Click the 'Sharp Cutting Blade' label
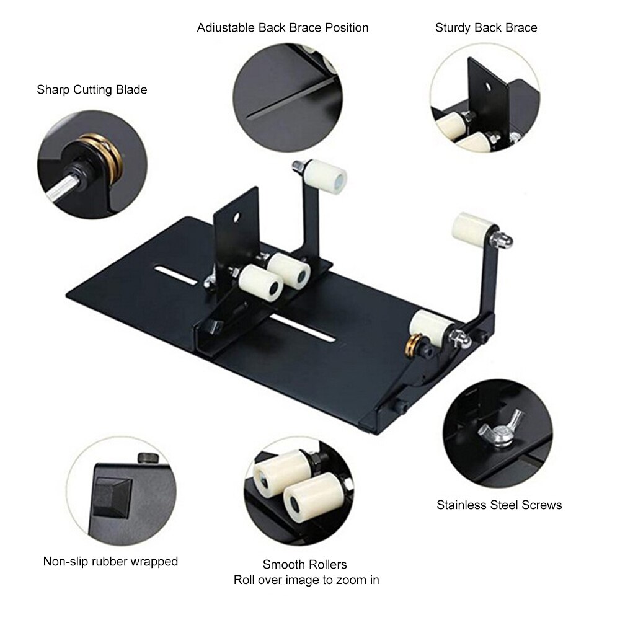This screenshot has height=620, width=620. tap(92, 90)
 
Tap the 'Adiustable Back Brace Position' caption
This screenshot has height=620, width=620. tap(283, 28)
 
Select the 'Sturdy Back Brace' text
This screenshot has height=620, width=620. tap(485, 28)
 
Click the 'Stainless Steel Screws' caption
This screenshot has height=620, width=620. tap(499, 505)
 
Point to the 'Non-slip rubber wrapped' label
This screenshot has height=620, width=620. tap(110, 562)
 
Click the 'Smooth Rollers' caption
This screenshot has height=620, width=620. tap(304, 564)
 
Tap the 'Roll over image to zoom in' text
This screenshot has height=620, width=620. tap(306, 580)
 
